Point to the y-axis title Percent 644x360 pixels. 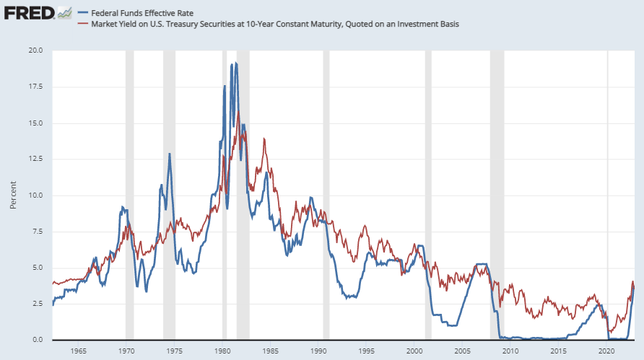(x=13, y=196)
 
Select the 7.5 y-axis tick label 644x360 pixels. (x=37, y=232)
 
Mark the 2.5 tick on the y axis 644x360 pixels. (x=37, y=304)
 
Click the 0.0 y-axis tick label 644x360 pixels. (x=37, y=340)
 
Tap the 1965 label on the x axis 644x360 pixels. (x=79, y=351)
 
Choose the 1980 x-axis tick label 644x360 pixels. (x=222, y=351)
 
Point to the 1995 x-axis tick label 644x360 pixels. (x=366, y=351)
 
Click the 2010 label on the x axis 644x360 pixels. (x=510, y=351)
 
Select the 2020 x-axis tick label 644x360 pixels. (x=606, y=351)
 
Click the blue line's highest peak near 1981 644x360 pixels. (x=235, y=63)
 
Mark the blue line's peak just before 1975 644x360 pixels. (x=170, y=154)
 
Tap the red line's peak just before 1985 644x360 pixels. (x=264, y=139)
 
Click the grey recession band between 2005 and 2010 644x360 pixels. (x=497, y=195)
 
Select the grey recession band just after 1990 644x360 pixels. (x=326, y=195)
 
